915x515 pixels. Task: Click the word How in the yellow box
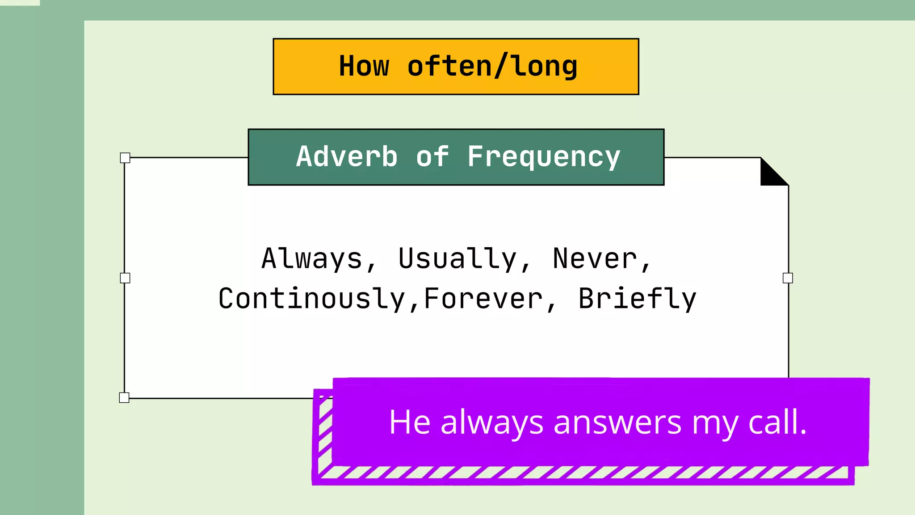click(364, 66)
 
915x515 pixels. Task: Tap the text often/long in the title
click(492, 66)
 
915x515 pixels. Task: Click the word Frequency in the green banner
click(544, 157)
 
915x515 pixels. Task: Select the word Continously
click(311, 299)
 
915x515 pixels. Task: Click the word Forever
click(483, 299)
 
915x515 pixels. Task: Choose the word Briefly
click(637, 299)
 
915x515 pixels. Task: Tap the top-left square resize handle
click(125, 158)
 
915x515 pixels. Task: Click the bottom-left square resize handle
click(124, 397)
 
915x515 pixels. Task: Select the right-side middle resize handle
click(788, 278)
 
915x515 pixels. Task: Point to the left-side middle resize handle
click(125, 278)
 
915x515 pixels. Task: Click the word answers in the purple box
click(617, 422)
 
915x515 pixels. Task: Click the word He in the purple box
click(409, 422)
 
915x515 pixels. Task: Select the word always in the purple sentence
click(491, 423)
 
